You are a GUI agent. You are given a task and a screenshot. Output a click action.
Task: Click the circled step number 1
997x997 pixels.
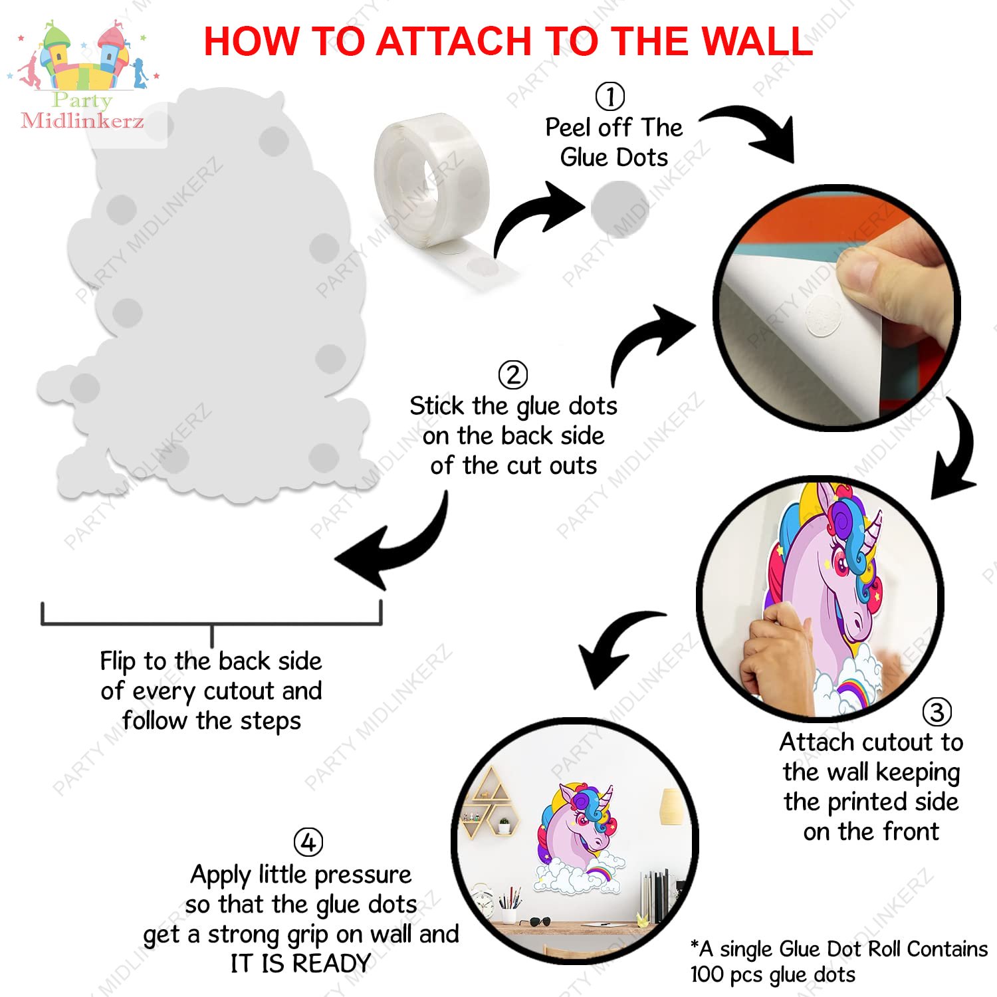pos(609,96)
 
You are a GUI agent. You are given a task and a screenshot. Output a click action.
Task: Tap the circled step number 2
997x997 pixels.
pos(512,375)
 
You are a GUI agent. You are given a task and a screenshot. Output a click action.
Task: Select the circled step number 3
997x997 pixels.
pos(937,712)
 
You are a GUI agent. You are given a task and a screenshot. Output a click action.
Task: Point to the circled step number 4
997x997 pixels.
pos(308,843)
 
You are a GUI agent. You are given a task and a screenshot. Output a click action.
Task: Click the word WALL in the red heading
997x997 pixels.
pos(758,41)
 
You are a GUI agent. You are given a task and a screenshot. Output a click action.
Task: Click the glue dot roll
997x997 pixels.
pos(439,199)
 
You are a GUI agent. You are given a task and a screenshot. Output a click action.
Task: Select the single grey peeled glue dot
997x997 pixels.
pos(619,209)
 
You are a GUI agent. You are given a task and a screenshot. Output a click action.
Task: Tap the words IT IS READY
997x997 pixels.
pos(300,963)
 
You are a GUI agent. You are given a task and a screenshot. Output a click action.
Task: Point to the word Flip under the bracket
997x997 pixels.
pos(118,662)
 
